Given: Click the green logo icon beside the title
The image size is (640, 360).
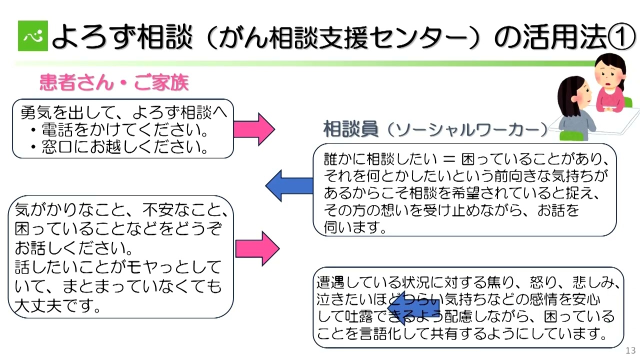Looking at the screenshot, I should click(x=32, y=35).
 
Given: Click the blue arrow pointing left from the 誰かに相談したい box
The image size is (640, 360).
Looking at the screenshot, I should click(x=289, y=185).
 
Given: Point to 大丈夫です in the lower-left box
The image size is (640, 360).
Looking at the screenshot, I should click(x=54, y=304).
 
